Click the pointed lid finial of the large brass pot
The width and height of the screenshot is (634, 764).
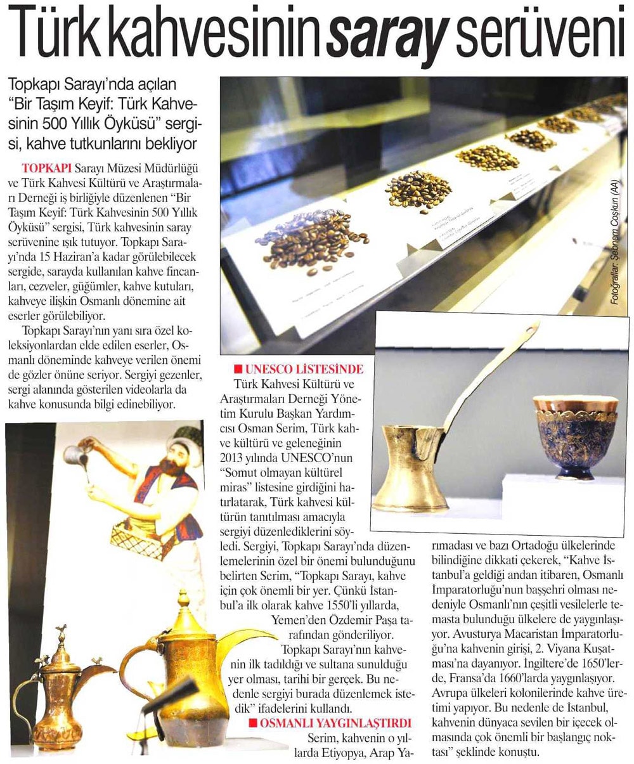pyautogui.click(x=183, y=599)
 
